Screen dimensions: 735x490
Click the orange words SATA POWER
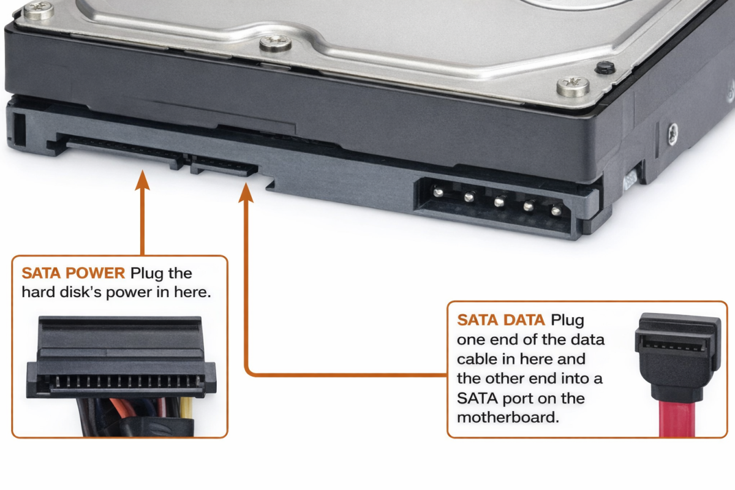click(73, 273)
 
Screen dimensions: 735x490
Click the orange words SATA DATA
click(501, 320)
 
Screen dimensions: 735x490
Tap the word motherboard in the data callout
click(508, 418)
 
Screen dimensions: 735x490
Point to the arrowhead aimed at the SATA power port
click(142, 180)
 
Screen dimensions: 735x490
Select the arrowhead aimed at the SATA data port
click(246, 193)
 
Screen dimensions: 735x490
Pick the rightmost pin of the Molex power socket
click(556, 210)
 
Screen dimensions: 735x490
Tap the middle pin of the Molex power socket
click(499, 201)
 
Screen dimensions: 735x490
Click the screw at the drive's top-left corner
click(39, 10)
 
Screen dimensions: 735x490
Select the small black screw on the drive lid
click(605, 67)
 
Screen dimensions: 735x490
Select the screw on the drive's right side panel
click(673, 134)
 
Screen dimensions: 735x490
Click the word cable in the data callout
click(477, 359)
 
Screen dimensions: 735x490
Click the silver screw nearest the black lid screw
click(573, 86)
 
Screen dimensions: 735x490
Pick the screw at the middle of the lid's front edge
click(275, 43)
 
